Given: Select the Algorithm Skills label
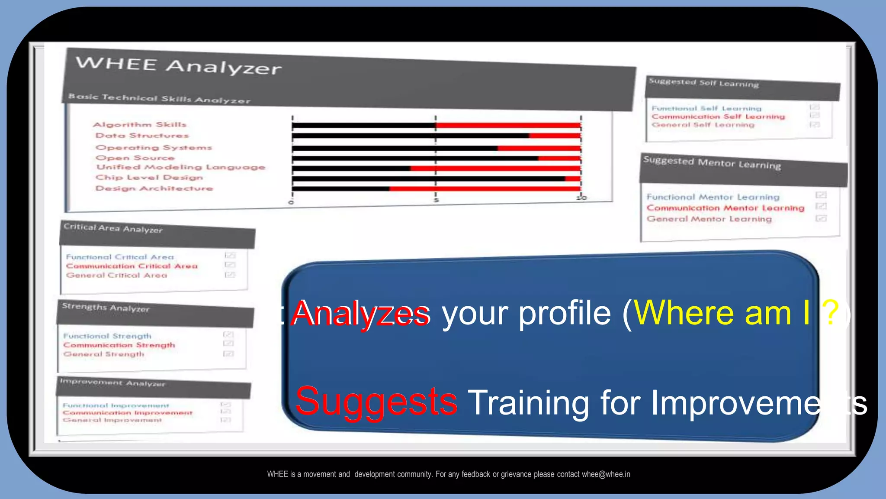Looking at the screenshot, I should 140,125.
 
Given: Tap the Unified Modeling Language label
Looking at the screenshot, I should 181,167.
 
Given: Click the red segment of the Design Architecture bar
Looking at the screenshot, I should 485,188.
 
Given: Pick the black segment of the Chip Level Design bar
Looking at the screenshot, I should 428,178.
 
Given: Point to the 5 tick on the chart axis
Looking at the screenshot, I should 437,200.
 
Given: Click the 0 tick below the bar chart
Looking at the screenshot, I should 291,202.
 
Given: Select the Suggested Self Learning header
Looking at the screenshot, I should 704,83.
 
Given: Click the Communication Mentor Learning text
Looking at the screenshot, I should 725,208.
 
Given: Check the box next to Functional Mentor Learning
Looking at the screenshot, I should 821,195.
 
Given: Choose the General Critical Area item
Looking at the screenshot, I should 116,275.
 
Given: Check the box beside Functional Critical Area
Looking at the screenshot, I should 230,256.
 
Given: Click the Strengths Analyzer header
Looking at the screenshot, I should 106,308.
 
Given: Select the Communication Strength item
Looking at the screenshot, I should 119,345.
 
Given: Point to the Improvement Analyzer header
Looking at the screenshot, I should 112,383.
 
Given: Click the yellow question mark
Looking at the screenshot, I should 831,313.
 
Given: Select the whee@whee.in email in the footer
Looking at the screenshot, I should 606,474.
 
